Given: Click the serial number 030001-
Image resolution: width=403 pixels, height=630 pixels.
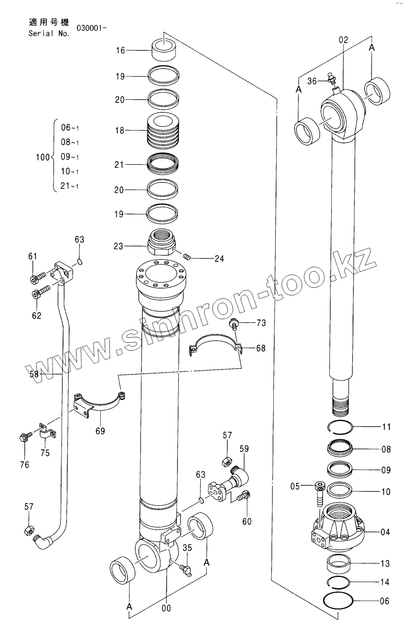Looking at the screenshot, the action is click(x=91, y=28).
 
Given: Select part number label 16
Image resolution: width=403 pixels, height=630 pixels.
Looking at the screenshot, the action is click(x=120, y=51).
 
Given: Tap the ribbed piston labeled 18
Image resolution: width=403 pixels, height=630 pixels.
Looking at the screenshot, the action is click(x=163, y=130).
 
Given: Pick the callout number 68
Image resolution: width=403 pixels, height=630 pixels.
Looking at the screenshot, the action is click(x=260, y=348).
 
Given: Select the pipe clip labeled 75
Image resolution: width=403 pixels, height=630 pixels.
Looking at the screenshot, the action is click(x=46, y=433).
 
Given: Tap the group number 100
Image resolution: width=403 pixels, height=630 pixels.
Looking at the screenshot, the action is click(x=42, y=157).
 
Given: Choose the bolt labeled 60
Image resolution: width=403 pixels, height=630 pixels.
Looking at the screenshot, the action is click(x=244, y=496).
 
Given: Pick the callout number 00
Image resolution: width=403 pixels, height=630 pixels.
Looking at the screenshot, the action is click(x=166, y=608).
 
